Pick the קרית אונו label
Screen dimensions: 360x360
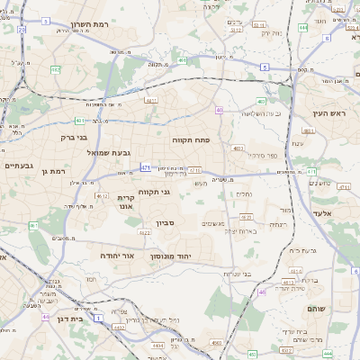click(x=126, y=202)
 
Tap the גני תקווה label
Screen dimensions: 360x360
click(x=155, y=191)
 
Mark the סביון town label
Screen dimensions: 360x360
click(x=176, y=220)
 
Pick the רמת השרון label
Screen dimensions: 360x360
click(x=90, y=24)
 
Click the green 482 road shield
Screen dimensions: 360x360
click(x=56, y=69)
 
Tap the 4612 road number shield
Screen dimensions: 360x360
click(x=101, y=195)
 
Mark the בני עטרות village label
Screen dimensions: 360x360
click(x=238, y=274)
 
